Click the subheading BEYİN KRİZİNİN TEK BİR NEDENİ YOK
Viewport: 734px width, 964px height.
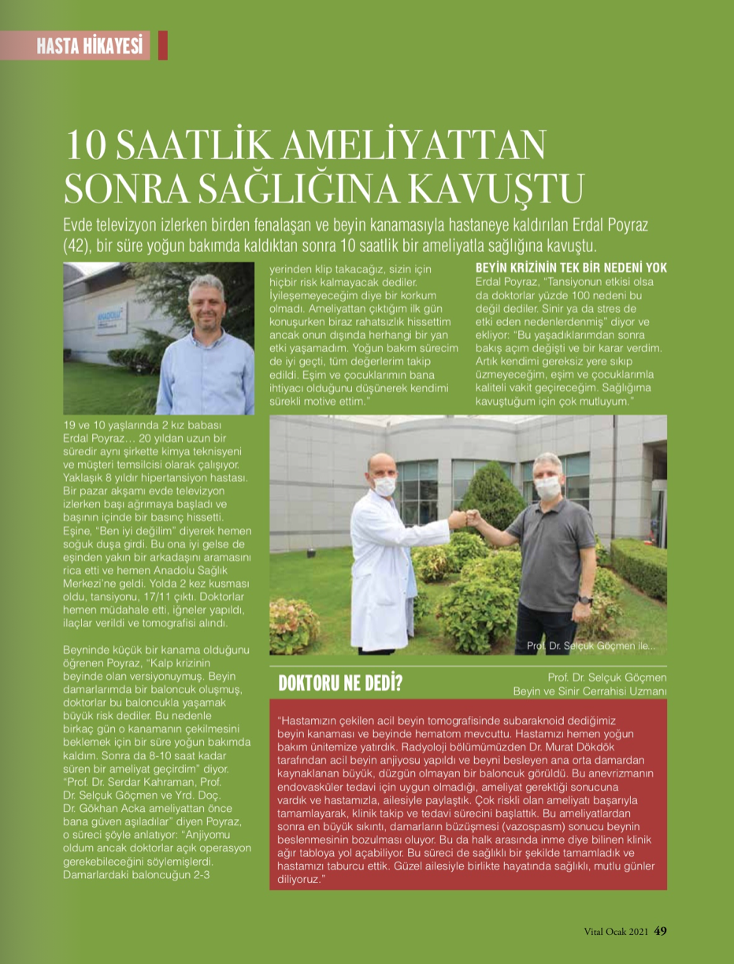pos(571,268)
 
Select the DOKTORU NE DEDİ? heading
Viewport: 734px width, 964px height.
pos(340,683)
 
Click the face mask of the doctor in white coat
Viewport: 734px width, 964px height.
pos(384,487)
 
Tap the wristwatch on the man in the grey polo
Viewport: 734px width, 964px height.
pos(584,599)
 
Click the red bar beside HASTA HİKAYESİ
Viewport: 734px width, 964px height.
pos(163,46)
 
